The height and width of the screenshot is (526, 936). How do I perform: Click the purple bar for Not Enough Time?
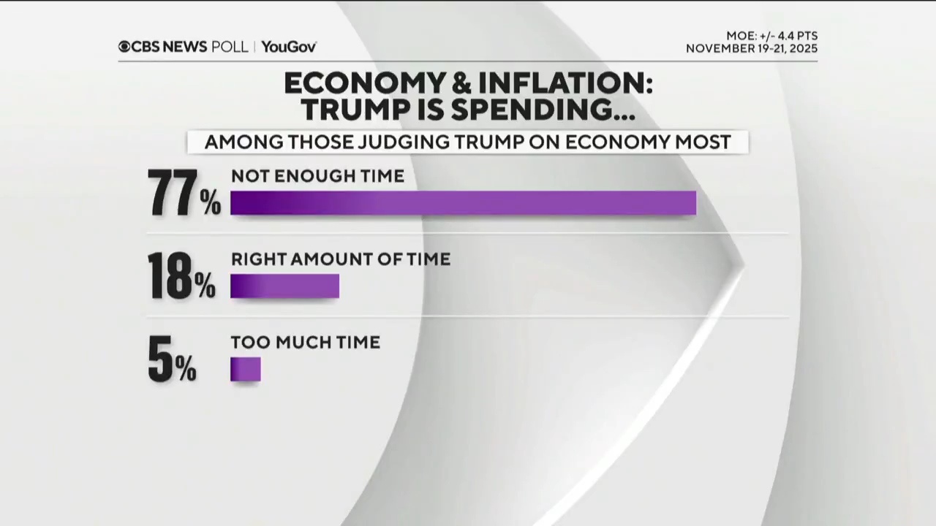463,203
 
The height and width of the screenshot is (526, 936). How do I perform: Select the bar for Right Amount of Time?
284,286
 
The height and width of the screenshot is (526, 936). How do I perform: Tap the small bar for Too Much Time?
245,369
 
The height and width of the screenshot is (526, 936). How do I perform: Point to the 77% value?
184,194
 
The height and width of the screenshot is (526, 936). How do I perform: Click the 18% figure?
181,277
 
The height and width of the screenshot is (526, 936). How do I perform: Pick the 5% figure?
172,360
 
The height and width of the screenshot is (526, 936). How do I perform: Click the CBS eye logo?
124,47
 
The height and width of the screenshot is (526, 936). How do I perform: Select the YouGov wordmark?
289,47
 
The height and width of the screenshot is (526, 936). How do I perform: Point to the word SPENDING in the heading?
542,110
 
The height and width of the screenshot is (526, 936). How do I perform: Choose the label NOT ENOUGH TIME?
317,176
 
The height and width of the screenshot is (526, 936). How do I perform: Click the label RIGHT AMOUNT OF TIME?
340,259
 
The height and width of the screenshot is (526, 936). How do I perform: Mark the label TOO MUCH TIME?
305,343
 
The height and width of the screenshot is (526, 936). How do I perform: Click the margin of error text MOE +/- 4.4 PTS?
771,36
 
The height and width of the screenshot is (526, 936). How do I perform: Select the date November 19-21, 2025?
751,49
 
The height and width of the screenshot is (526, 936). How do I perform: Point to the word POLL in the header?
230,47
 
